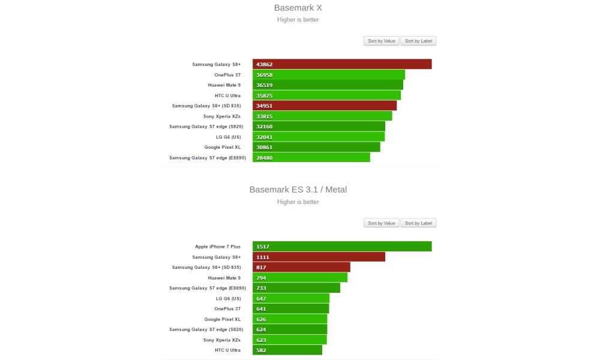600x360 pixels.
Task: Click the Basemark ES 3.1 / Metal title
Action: coord(298,190)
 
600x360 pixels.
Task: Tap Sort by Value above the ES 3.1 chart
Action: coord(382,223)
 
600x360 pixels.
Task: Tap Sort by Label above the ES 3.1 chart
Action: coord(418,223)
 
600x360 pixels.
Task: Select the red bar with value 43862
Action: coord(342,64)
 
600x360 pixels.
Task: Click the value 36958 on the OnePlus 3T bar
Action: coord(264,75)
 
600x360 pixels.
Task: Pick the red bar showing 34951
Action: coord(325,106)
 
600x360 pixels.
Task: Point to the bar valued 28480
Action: coord(311,158)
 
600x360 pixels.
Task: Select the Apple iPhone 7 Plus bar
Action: coord(342,247)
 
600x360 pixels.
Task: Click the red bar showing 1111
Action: coord(319,257)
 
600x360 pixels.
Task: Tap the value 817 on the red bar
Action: coord(262,268)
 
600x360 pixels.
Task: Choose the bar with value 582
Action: coord(287,350)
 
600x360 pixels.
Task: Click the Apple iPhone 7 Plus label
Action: coord(218,247)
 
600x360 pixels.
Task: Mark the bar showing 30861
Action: coord(316,147)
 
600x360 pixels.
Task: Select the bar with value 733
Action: coord(296,288)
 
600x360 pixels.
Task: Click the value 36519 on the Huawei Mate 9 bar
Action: coord(264,85)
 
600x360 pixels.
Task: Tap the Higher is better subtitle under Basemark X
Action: coord(298,20)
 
